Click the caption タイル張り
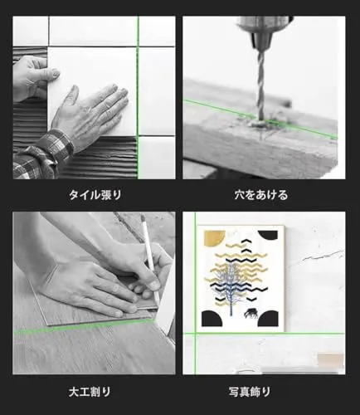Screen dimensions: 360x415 (x=95, y=195)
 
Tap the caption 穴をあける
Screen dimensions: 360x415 (x=261, y=195)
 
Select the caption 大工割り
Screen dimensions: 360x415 (x=90, y=392)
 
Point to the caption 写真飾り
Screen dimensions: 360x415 (x=250, y=392)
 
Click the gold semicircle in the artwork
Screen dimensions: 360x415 (x=215, y=237)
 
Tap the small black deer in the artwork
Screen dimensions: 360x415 (x=251, y=313)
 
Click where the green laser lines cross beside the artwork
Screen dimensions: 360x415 (x=195, y=334)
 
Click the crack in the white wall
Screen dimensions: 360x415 (x=324, y=256)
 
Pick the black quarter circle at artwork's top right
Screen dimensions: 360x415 (x=268, y=236)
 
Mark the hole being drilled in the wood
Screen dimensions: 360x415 (x=260, y=124)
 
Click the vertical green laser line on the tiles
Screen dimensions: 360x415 (x=138, y=97)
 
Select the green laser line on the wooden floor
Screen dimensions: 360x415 (x=85, y=325)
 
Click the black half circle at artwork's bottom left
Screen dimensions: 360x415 (x=212, y=319)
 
